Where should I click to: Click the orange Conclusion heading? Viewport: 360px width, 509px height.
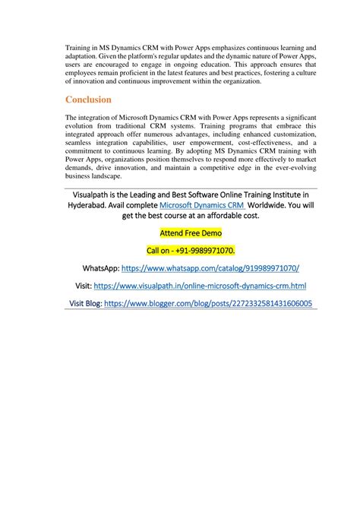(x=88, y=100)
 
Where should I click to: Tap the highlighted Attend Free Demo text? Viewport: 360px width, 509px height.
(x=190, y=232)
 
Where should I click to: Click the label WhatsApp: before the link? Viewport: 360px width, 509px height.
(x=100, y=268)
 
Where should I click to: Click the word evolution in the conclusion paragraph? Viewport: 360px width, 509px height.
(x=82, y=126)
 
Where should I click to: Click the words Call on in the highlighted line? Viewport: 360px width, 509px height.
(x=160, y=250)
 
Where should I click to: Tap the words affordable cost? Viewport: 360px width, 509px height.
(x=232, y=216)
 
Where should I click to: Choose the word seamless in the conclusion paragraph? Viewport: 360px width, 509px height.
(x=80, y=142)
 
